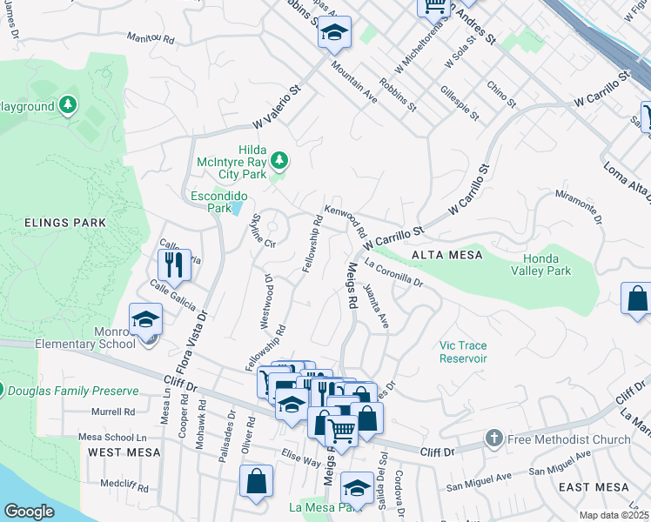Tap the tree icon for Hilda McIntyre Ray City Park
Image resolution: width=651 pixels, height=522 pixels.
pos(279,160)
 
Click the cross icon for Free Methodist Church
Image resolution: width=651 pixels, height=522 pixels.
pos(494,438)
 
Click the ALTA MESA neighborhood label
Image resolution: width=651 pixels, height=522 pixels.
pos(443,254)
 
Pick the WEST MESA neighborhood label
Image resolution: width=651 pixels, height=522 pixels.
pos(124,452)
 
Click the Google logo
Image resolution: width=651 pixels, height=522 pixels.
pos(29,511)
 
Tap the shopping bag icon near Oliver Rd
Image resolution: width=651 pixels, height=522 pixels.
pos(258,480)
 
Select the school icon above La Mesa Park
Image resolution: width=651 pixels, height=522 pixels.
pos(357,486)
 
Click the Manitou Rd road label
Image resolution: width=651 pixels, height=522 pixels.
pos(150,39)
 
